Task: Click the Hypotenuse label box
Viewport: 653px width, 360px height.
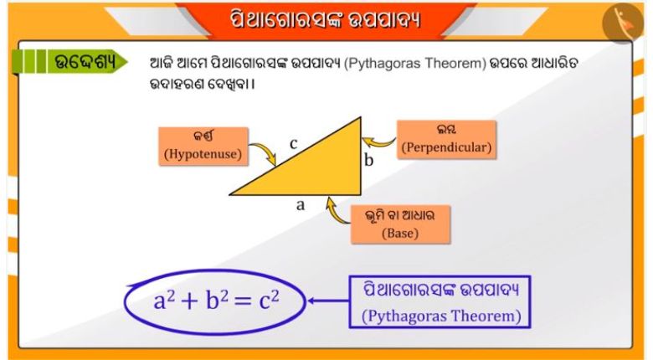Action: pos(203,147)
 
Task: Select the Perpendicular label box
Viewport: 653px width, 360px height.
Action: pos(446,140)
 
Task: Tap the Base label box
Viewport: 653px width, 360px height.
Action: pos(400,224)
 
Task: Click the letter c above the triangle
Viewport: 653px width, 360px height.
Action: pos(294,143)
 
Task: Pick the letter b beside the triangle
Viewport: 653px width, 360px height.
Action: pos(369,160)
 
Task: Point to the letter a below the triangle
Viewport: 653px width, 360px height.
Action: pos(301,204)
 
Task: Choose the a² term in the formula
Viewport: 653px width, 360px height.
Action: pos(163,300)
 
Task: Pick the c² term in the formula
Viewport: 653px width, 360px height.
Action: pos(269,300)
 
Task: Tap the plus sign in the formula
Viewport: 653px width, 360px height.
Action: pos(189,301)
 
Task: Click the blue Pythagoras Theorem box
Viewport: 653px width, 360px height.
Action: pos(440,301)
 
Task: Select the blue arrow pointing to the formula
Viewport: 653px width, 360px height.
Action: pos(328,301)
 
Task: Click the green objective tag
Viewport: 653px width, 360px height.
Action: pos(69,62)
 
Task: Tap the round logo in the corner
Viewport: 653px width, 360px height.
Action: pos(623,22)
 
